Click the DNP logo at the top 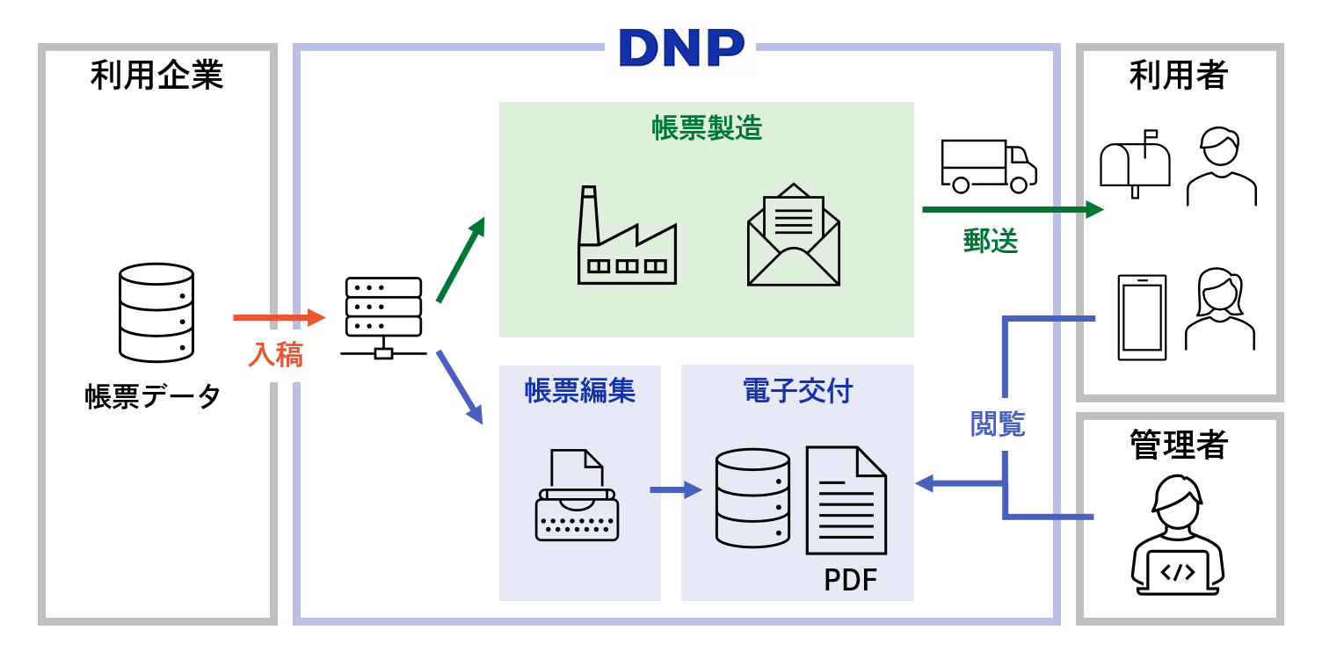(681, 47)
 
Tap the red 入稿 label (275, 354)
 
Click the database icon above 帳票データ (156, 313)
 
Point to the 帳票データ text (153, 396)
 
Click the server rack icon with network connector (383, 317)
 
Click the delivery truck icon (988, 166)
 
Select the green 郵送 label (991, 242)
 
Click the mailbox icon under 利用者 (1136, 163)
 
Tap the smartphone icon (1142, 317)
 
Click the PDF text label (850, 580)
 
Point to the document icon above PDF (846, 500)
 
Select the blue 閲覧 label (997, 424)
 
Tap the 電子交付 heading (797, 391)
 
